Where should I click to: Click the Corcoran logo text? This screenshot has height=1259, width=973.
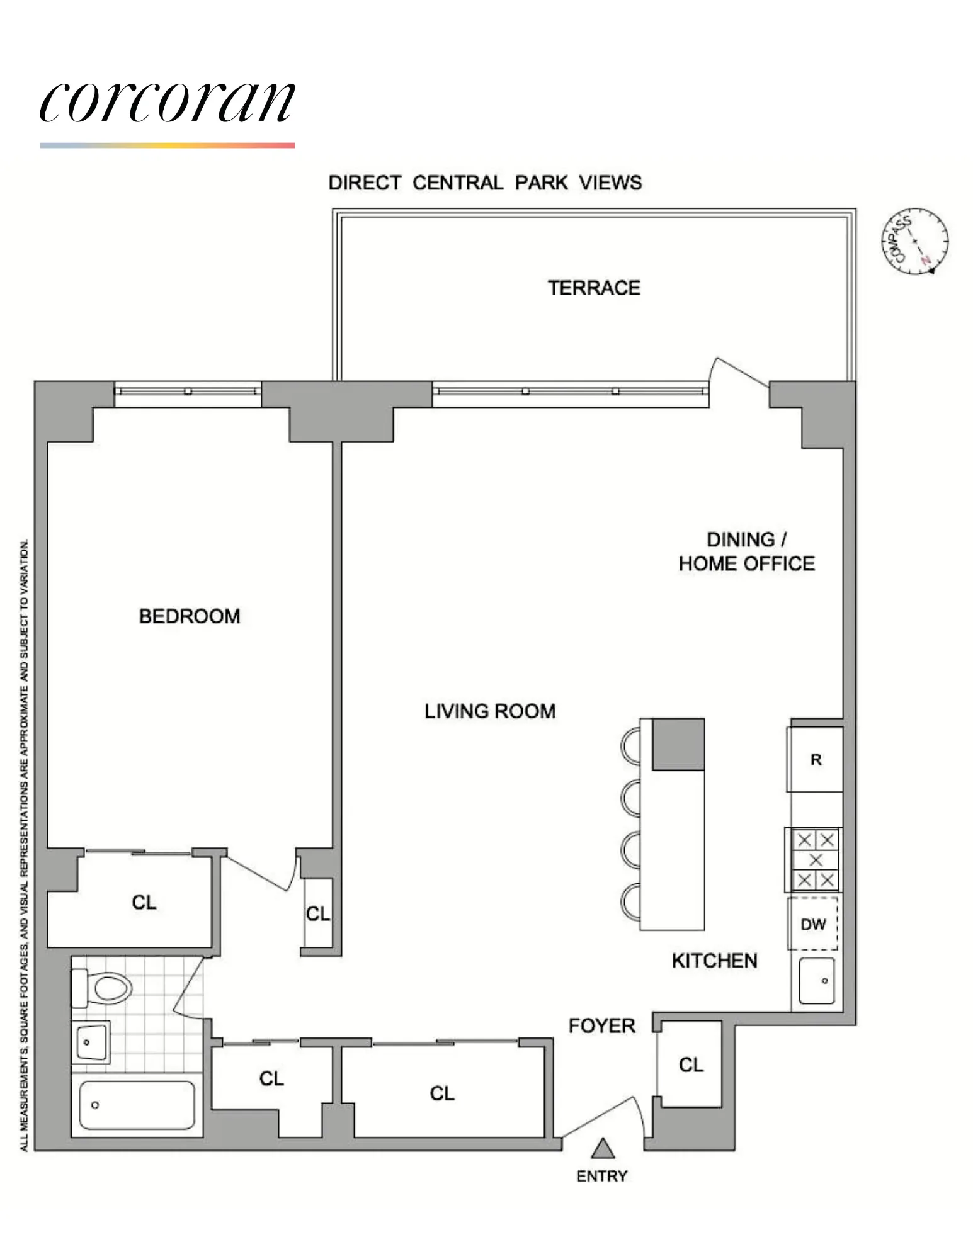pyautogui.click(x=167, y=102)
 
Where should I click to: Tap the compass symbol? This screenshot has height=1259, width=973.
pyautogui.click(x=914, y=241)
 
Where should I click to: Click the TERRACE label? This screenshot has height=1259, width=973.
pyautogui.click(x=593, y=288)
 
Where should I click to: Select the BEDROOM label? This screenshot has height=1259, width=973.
pyautogui.click(x=190, y=616)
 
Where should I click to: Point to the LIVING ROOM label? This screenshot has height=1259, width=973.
pyautogui.click(x=490, y=711)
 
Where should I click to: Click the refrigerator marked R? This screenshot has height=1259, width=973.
pyautogui.click(x=816, y=760)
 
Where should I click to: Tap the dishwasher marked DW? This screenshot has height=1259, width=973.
pyautogui.click(x=813, y=924)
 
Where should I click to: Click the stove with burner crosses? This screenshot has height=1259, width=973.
pyautogui.click(x=815, y=859)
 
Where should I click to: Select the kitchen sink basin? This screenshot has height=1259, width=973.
pyautogui.click(x=816, y=981)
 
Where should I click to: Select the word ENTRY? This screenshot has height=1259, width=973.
pyautogui.click(x=601, y=1176)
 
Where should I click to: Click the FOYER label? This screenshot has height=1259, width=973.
pyautogui.click(x=601, y=1025)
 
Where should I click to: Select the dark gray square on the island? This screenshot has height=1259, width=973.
pyautogui.click(x=678, y=744)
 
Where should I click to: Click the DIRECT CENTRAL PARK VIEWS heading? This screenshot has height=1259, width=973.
pyautogui.click(x=485, y=183)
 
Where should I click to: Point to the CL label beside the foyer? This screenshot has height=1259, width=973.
pyautogui.click(x=691, y=1064)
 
